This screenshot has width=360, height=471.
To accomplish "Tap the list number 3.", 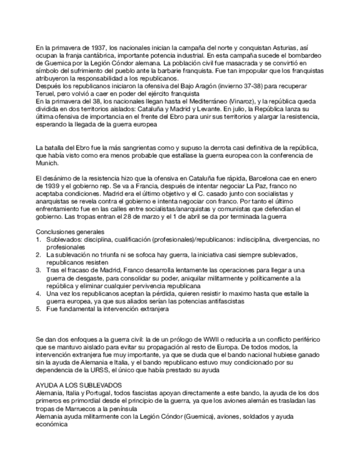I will (x=38, y=269).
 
